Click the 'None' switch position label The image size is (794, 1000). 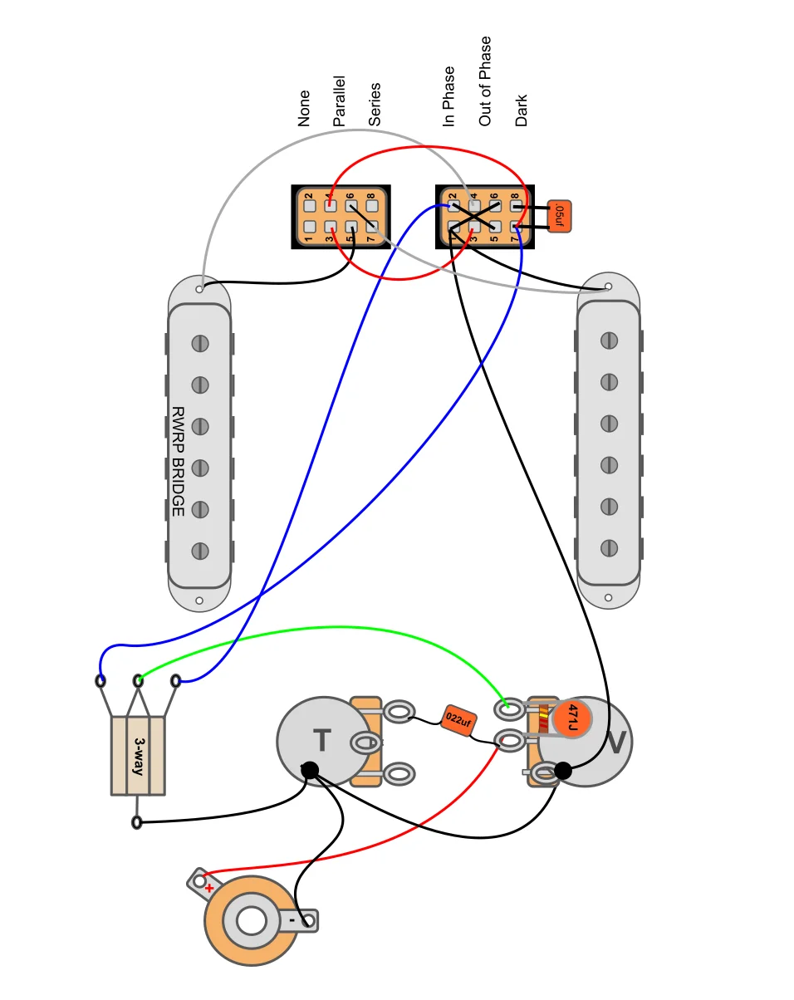(x=304, y=109)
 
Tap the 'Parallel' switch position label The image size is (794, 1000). (x=339, y=102)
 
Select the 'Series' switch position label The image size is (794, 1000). (x=375, y=105)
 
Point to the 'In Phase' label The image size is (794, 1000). (x=449, y=96)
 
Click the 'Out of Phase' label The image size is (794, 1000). (x=485, y=81)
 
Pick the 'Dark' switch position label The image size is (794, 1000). (x=522, y=110)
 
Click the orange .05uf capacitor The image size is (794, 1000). (x=560, y=218)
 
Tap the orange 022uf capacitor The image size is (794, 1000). (x=458, y=720)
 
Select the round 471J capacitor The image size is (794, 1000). (x=571, y=718)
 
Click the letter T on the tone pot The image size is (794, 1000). (x=321, y=740)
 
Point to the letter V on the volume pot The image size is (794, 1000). (x=615, y=743)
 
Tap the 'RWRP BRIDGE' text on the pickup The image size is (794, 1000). (x=178, y=461)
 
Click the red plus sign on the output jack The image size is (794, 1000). (x=209, y=888)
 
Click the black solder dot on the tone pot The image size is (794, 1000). (x=310, y=771)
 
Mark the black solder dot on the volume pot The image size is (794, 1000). (x=562, y=772)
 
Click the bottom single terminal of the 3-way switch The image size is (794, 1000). (x=137, y=822)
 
